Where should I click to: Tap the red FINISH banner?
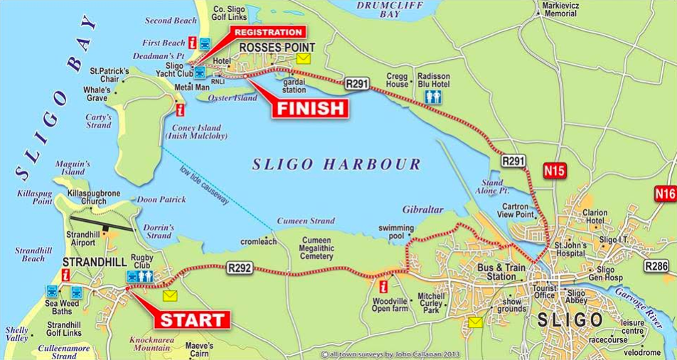click(x=311, y=108)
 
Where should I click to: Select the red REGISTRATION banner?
click(x=267, y=32)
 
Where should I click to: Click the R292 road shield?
click(x=240, y=268)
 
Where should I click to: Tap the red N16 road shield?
click(x=666, y=193)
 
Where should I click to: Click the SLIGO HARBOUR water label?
click(x=336, y=164)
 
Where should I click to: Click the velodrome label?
click(x=641, y=352)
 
